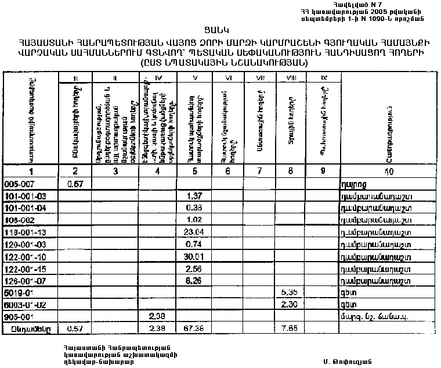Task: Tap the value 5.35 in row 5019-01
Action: pyautogui.click(x=288, y=292)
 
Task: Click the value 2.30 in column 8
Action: pyautogui.click(x=288, y=304)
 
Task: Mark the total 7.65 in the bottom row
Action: pyautogui.click(x=288, y=328)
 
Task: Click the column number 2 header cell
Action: pyautogui.click(x=75, y=171)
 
